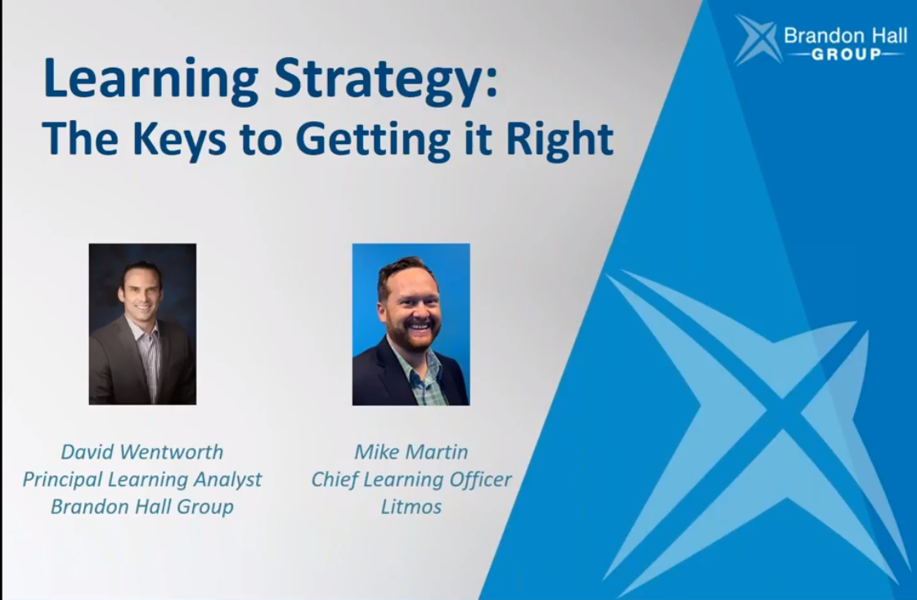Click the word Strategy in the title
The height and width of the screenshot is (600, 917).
coord(379,80)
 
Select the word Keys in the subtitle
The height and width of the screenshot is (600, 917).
coord(179,140)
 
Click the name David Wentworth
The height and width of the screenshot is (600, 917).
coord(142,451)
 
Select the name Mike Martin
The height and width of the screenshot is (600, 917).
coord(411,451)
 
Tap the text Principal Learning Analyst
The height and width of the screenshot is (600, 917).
coord(142,480)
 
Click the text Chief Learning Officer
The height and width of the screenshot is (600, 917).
coord(411,480)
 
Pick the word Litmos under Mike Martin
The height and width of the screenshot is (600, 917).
coord(411,506)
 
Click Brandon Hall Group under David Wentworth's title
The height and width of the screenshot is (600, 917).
coord(142,507)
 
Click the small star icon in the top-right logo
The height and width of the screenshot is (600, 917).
coord(758,39)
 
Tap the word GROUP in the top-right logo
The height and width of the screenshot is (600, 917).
coord(846,55)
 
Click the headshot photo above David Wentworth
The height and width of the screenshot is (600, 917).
coord(142,325)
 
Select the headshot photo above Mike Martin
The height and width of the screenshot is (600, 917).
coord(411,325)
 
